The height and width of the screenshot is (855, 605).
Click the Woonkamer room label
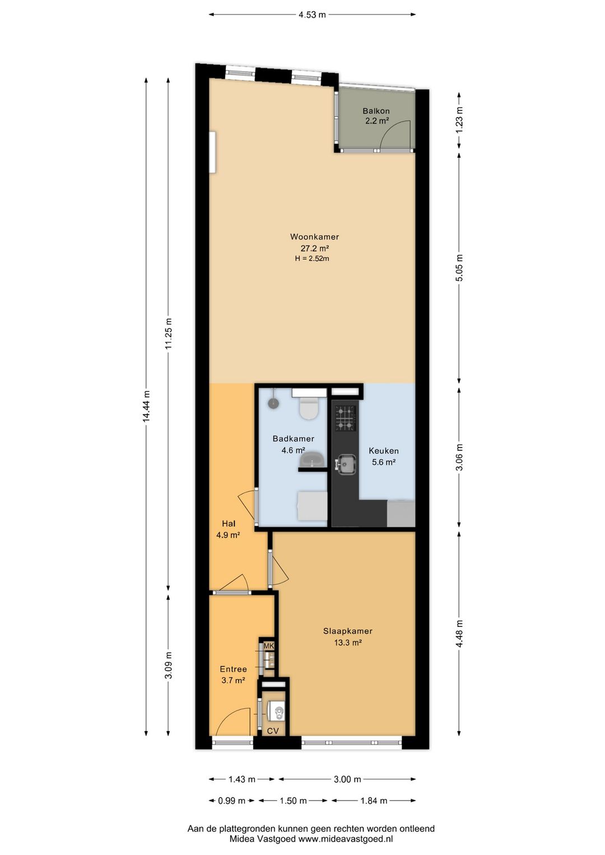click(314, 236)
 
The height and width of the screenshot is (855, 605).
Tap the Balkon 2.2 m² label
click(376, 116)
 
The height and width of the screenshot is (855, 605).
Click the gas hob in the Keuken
click(346, 418)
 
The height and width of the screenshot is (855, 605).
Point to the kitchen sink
click(346, 464)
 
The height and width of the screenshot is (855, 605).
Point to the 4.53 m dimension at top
click(312, 15)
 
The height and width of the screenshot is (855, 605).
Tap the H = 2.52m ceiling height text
click(312, 258)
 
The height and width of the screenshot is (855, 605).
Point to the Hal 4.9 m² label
click(228, 529)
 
